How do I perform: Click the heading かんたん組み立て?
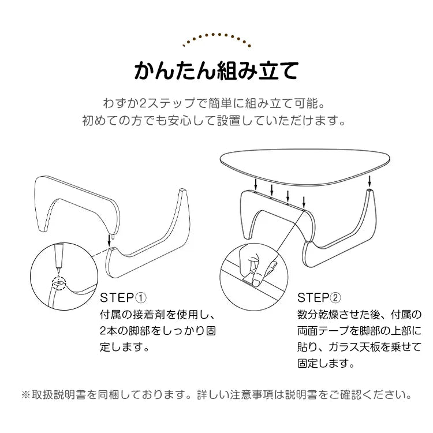[x=216, y=70]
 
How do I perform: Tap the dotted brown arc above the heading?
[x=216, y=35]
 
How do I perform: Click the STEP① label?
[x=123, y=298]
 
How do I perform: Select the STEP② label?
[x=319, y=298]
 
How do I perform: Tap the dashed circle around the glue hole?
[x=59, y=283]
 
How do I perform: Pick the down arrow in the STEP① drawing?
[x=109, y=241]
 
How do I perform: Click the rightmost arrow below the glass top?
[x=369, y=181]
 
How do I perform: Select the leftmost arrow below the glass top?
[x=256, y=184]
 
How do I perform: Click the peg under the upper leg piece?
[x=113, y=237]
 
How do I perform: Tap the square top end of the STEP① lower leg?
[x=182, y=191]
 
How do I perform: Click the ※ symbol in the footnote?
[x=26, y=394]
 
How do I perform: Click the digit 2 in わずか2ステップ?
[x=144, y=103]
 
